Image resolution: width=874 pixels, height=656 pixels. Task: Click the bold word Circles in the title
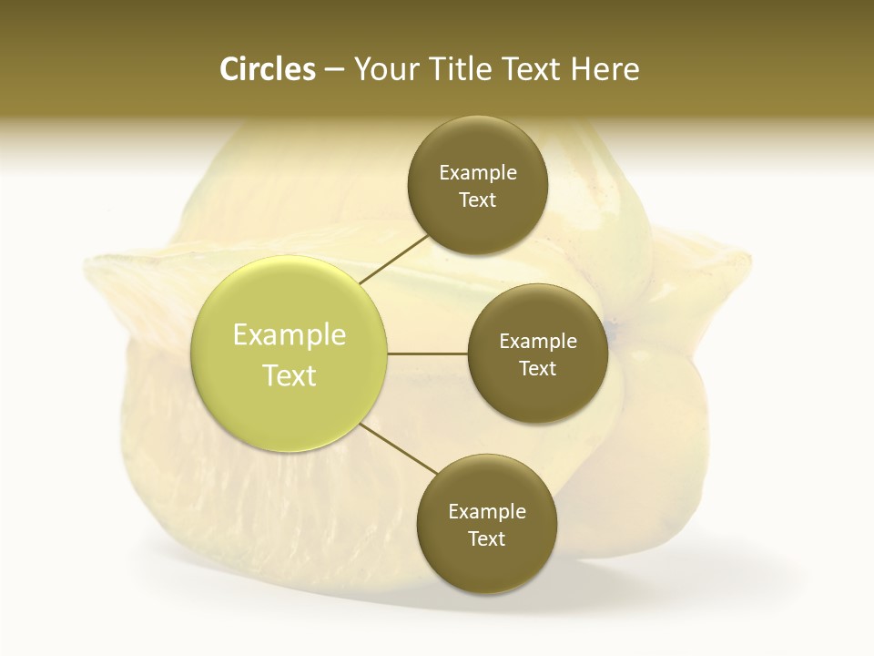click(267, 69)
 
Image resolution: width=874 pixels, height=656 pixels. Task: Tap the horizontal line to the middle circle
click(427, 354)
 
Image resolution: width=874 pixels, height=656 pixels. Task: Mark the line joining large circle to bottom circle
click(399, 449)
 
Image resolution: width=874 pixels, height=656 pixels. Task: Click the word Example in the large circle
click(290, 335)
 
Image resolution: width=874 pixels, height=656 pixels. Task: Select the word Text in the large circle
click(290, 375)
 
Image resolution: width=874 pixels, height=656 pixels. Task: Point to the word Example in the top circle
click(478, 173)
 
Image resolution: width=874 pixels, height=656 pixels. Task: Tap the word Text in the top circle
click(478, 200)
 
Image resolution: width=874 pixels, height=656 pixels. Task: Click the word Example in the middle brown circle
click(538, 342)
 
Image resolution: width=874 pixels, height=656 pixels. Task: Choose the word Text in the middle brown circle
click(538, 369)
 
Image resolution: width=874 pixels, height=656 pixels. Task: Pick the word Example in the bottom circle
click(487, 512)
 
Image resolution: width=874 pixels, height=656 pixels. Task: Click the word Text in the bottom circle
click(487, 539)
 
